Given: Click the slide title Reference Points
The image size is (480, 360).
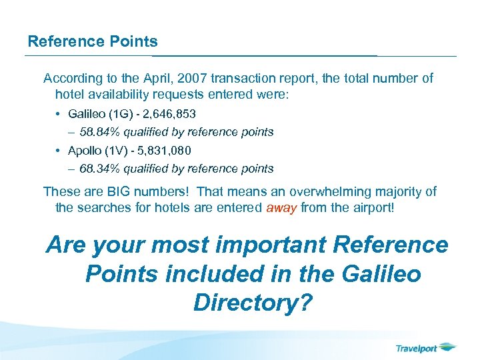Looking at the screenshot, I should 93,41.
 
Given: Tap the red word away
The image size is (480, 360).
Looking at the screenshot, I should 281,207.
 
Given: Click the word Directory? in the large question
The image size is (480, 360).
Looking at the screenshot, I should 253,302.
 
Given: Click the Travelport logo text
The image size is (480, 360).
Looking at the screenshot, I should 417,348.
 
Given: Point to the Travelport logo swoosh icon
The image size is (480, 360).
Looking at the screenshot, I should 449,347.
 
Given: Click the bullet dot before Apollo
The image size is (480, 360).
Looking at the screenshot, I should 60,151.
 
